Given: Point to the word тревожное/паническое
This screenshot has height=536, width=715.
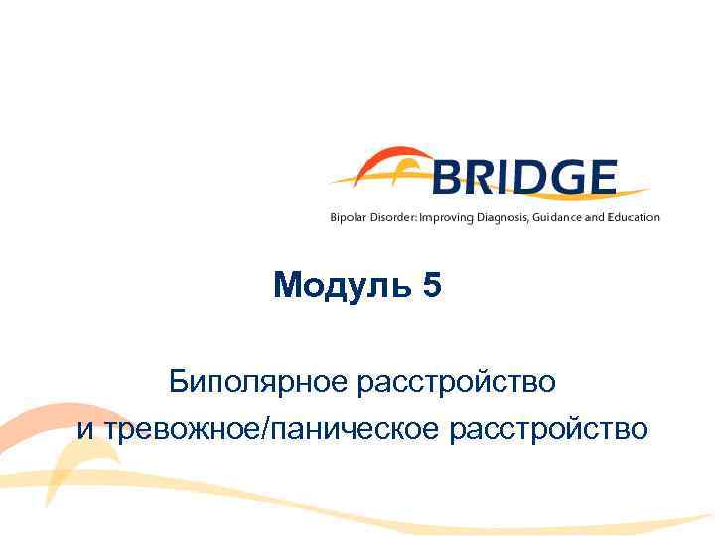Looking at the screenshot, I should click(x=272, y=429).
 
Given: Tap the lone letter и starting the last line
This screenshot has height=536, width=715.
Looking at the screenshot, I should click(x=83, y=430).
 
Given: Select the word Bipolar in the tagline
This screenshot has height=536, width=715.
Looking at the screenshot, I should click(x=348, y=217).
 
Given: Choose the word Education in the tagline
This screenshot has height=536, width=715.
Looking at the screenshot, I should click(x=634, y=217).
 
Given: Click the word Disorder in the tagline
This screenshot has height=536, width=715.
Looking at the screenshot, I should click(x=392, y=217).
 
